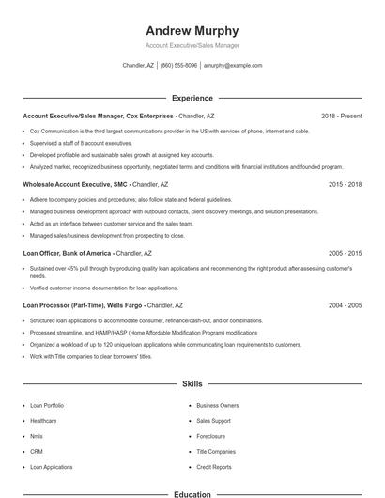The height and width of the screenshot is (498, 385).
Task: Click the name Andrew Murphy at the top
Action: [192, 31]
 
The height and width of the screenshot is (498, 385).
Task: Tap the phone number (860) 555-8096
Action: [178, 66]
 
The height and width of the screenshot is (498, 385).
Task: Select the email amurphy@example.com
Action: [233, 66]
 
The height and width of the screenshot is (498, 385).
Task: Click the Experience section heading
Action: [192, 98]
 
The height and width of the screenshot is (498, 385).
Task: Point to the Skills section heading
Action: [192, 384]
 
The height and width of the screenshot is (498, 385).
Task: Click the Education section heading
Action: [192, 494]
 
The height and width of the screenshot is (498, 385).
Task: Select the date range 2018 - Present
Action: [341, 116]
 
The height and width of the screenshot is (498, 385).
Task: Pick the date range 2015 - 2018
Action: [345, 185]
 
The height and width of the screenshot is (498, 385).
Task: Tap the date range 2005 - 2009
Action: [345, 253]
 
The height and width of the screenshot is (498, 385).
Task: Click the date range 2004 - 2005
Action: [345, 305]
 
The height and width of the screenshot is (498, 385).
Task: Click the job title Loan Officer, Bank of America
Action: [69, 253]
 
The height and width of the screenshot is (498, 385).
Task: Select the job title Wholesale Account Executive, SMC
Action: [75, 185]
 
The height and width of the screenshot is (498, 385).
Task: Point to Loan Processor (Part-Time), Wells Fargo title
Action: [83, 305]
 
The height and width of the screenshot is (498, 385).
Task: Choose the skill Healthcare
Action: [43, 421]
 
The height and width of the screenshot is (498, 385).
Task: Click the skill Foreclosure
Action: [210, 436]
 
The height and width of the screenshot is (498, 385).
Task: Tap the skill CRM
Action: [37, 452]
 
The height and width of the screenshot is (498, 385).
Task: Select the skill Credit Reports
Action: [214, 467]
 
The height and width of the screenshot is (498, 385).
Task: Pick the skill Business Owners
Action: [217, 405]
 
